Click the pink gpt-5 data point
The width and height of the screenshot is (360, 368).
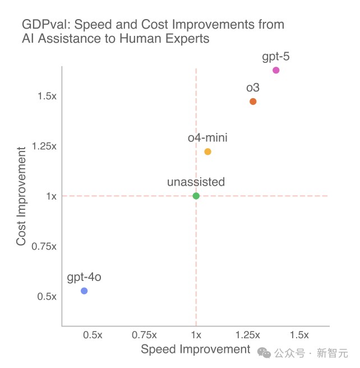coord(276,70)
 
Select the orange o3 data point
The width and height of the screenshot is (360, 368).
coord(253,102)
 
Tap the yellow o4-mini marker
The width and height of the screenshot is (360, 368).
coord(207,151)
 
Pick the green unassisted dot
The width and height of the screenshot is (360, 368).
coord(196,196)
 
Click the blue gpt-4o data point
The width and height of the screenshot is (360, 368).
coord(84,291)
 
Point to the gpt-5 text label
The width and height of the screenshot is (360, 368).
coord(276,56)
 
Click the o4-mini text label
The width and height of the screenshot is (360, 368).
coord(207,137)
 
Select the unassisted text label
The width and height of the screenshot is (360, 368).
coord(196,182)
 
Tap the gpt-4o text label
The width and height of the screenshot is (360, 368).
coord(84,277)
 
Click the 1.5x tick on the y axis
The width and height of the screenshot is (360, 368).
coord(47,96)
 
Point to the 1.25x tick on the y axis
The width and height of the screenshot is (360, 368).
coord(44,146)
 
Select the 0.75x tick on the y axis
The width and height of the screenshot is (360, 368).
coord(44,246)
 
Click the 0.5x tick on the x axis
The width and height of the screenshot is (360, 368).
coord(93,335)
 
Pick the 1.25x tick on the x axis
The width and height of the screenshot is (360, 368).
coord(247,335)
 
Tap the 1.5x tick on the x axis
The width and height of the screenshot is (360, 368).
coord(299,335)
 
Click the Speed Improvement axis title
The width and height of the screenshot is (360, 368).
coord(195,349)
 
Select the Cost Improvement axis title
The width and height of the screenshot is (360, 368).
coord(21,196)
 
